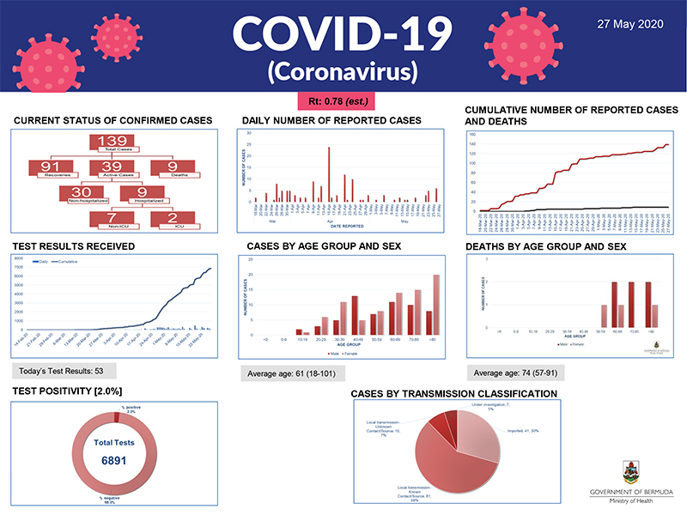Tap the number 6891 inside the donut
pos(114,461)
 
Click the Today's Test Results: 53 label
pos(64,370)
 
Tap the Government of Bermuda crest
pos(632,471)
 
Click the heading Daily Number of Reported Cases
pos(331,120)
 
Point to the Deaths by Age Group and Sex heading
pos(545,246)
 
